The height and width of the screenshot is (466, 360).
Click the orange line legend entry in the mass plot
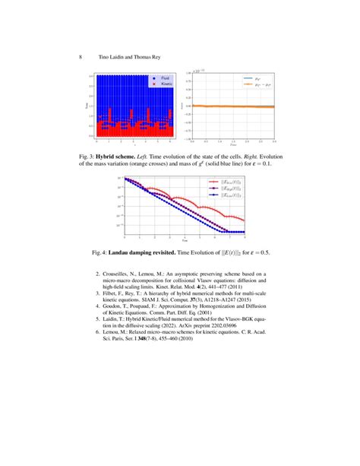pyautogui.click(x=263, y=87)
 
